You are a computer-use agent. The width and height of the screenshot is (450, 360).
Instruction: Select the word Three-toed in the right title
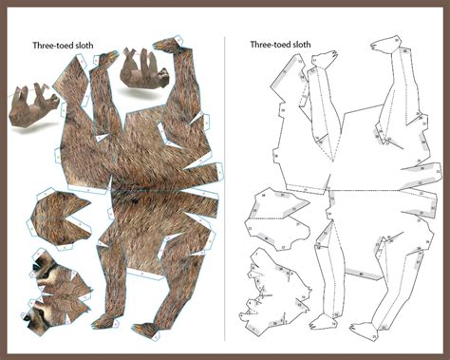(268, 44)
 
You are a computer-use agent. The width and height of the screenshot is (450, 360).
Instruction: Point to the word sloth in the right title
(303, 44)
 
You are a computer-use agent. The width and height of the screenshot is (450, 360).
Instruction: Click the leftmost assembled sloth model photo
(32, 104)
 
